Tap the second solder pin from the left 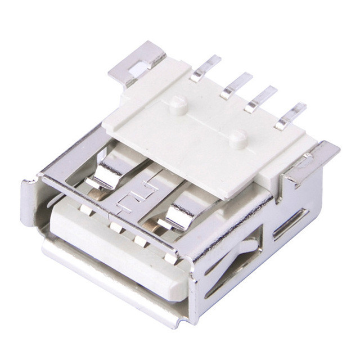pos(236,85)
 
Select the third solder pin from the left pos(262,97)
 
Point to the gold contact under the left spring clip pos(97,194)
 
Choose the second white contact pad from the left pos(116,228)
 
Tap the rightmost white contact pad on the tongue pos(168,258)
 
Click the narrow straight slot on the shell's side pos(290,223)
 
